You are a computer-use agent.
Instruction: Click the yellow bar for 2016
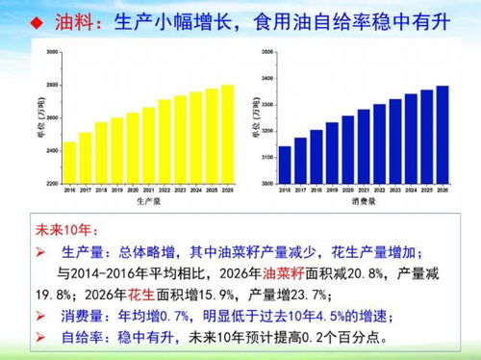coord(69,164)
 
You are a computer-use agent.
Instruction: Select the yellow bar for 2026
coord(226,135)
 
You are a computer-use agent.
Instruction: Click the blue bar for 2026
coord(442,135)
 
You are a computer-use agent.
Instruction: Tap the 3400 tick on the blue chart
coord(267,77)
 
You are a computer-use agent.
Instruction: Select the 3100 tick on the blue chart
coord(267,156)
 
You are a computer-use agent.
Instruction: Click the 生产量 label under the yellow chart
coord(148,202)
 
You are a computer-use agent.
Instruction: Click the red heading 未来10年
coord(63,231)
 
